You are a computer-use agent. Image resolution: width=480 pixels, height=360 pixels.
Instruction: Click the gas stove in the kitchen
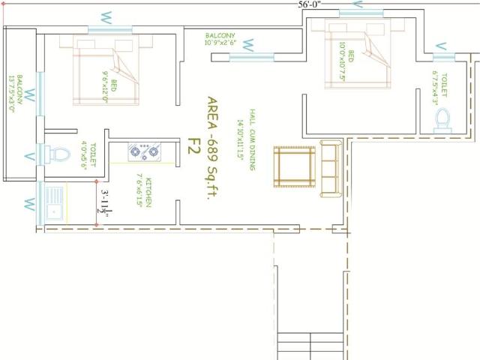point(144,153)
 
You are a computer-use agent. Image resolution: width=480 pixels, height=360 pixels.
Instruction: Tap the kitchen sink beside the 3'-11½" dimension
point(55,201)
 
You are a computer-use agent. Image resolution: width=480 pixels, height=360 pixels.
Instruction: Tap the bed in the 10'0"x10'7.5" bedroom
point(356,54)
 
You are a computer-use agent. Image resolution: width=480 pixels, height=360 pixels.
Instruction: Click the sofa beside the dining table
point(330,166)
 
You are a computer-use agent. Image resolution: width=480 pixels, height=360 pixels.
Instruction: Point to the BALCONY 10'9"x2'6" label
point(220,39)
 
